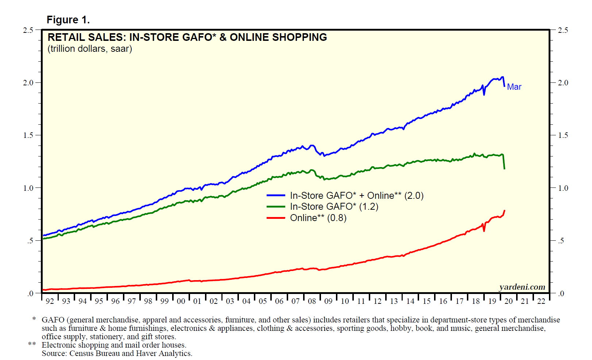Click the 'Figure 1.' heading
68,20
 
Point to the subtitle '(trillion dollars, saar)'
90,49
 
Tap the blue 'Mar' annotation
514,87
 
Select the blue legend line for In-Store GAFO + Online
276,196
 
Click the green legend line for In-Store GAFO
276,207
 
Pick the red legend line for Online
276,218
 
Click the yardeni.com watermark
522,287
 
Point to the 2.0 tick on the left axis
28,83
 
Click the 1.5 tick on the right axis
563,135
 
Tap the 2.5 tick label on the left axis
28,30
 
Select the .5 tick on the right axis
561,241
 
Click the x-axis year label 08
312,301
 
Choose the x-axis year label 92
50,301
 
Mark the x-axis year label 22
541,301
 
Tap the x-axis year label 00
181,301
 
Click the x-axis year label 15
427,301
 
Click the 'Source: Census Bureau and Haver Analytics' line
117,353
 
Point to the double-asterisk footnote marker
32,345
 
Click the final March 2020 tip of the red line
504,211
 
